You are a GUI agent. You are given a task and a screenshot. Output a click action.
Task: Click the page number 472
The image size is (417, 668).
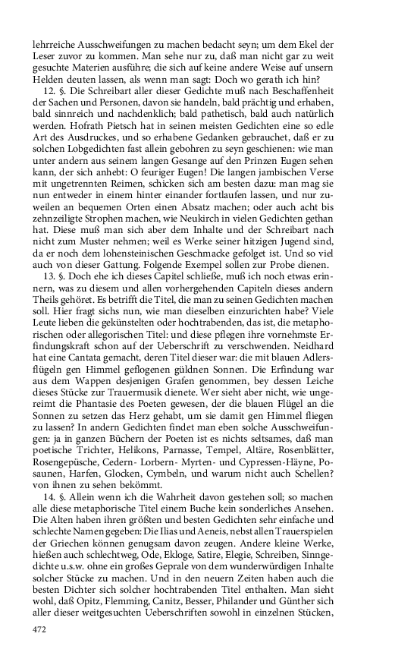[41, 629]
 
